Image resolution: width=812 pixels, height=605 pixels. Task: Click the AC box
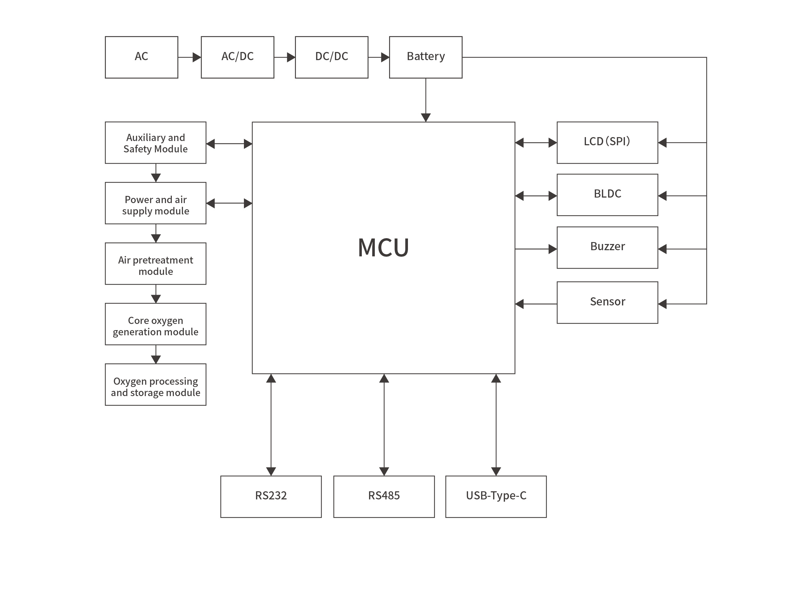click(141, 57)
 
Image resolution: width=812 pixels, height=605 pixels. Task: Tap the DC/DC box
click(331, 57)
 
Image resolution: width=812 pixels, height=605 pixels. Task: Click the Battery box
click(425, 57)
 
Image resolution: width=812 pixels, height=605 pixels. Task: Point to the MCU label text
click(383, 248)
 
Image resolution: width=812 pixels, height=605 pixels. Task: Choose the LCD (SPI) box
click(607, 142)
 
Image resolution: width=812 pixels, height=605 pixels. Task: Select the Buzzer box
click(607, 248)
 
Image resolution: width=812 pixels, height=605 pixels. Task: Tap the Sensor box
click(607, 302)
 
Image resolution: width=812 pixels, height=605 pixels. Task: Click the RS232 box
click(271, 496)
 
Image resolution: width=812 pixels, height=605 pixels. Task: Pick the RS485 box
click(384, 496)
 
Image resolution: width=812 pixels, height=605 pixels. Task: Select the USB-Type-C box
click(496, 496)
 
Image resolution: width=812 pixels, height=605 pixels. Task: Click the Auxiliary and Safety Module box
click(156, 143)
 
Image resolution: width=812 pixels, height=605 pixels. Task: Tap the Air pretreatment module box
click(156, 264)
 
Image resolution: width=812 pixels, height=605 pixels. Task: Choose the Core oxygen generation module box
click(156, 324)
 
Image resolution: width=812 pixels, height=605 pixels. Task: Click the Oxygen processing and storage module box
click(156, 384)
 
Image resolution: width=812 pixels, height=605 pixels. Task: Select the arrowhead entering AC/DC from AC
click(197, 57)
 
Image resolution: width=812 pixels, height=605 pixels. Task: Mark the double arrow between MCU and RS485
click(384, 425)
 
